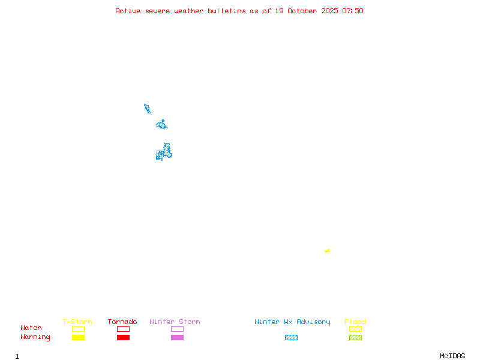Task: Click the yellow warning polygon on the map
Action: tap(327, 251)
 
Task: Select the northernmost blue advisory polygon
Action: tap(148, 109)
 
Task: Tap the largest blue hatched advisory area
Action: tap(164, 153)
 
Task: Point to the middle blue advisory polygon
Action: tap(161, 125)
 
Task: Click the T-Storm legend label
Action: tap(77, 322)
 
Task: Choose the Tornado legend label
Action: tap(122, 322)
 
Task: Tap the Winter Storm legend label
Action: tap(175, 322)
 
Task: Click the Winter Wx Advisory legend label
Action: tap(292, 322)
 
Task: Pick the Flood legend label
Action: tap(355, 322)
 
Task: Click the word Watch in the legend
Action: tap(31, 328)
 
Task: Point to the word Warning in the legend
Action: tap(35, 337)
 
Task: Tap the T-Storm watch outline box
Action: tap(78, 329)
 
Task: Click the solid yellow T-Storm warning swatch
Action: tap(78, 337)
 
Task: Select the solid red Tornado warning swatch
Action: tap(123, 337)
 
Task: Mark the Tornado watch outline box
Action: tap(123, 329)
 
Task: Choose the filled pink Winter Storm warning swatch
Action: tap(177, 337)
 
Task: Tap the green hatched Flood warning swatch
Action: tap(355, 337)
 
